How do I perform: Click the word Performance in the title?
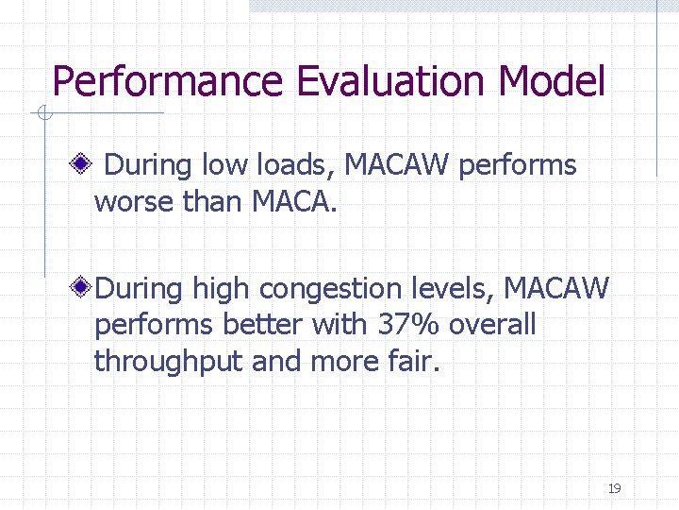coord(166,81)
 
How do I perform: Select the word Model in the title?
coord(552,81)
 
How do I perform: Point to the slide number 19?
coord(614,488)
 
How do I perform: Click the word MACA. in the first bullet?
coord(294,202)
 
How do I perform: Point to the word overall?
coord(492,324)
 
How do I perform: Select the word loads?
coord(289,165)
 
